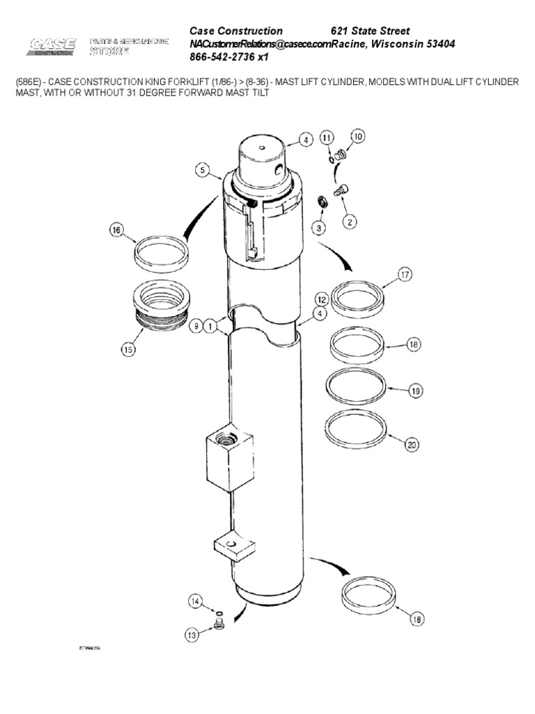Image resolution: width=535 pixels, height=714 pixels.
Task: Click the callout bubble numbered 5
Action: click(x=201, y=170)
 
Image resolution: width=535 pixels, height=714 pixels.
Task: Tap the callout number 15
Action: click(x=127, y=351)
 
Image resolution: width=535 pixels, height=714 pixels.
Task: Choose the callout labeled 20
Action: click(x=411, y=444)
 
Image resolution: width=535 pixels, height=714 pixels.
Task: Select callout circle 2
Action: click(x=350, y=222)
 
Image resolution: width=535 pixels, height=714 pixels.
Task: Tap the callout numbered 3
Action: click(x=318, y=228)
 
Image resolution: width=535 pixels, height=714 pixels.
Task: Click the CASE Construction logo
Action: click(x=52, y=46)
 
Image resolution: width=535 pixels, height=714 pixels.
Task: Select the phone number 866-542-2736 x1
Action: click(x=229, y=57)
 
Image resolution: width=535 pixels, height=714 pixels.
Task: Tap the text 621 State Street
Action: click(x=370, y=31)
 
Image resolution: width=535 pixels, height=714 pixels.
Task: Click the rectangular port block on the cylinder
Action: click(x=228, y=458)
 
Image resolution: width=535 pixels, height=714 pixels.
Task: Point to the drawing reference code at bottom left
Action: click(x=90, y=647)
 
